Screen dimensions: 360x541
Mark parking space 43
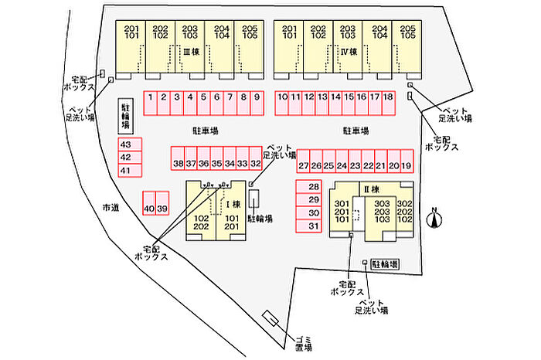(126, 145)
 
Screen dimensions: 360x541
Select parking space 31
(313, 226)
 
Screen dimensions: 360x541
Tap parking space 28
(313, 187)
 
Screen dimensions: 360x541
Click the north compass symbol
(435, 219)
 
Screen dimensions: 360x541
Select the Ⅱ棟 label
(371, 189)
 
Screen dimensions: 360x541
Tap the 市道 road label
(111, 207)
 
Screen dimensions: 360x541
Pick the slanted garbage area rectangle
(272, 321)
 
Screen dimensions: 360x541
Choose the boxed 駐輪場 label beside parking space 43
(124, 117)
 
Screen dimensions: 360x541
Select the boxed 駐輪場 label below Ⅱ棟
(385, 263)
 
